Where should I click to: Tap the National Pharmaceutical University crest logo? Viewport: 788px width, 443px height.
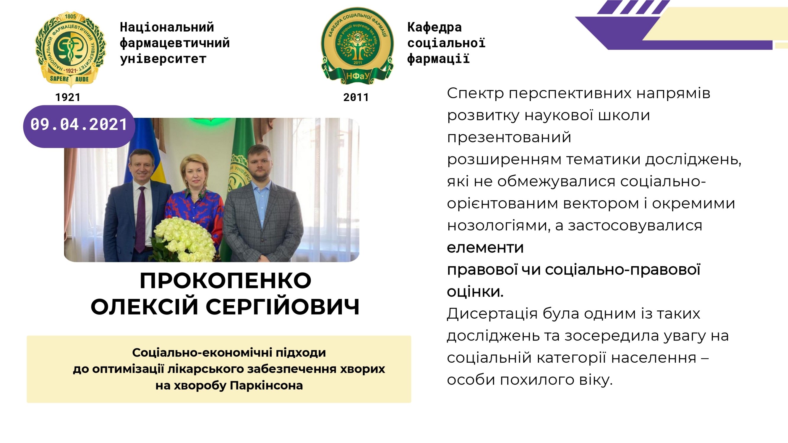70,49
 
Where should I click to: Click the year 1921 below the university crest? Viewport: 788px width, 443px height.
68,97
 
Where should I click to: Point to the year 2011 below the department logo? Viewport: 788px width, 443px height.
356,97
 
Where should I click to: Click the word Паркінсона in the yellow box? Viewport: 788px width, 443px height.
266,385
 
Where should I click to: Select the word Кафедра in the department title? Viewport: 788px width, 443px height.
434,27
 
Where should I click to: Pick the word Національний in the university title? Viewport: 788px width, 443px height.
167,27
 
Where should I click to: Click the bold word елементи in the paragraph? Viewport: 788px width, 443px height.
485,248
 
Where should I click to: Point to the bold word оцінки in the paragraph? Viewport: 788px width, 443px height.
475,292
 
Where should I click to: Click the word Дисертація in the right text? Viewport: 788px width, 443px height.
492,314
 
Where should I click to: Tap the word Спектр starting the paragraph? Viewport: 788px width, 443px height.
475,93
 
